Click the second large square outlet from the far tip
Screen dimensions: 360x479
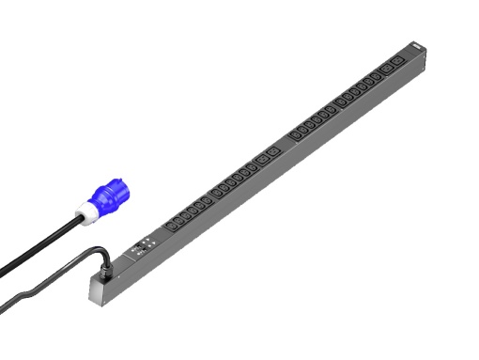click(388, 70)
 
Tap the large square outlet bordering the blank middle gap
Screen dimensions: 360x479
click(272, 152)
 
